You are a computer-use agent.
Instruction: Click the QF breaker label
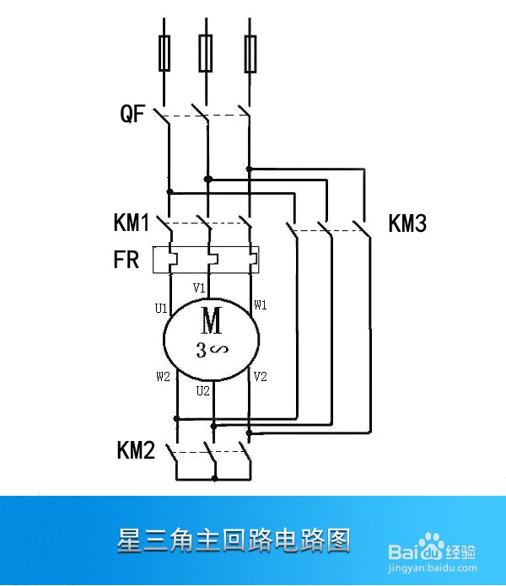pos(132,114)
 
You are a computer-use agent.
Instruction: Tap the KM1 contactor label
pos(132,223)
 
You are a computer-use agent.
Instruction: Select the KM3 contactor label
pos(407,223)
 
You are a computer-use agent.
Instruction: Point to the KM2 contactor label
pos(136,450)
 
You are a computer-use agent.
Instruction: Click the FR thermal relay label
pos(126,260)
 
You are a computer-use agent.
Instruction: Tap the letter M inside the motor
pos(212,320)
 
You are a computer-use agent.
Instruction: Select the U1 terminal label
pos(161,309)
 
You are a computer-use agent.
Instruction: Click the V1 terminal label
pos(199,288)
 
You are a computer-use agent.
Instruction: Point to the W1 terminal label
pos(261,305)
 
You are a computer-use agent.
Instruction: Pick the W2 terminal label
pos(163,376)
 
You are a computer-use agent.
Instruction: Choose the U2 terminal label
pos(203,391)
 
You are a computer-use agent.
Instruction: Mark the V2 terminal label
pos(260,376)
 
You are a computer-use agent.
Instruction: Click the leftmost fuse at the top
pos(164,53)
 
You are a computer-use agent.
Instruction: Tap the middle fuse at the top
pos(206,53)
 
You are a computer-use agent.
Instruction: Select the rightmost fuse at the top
pos(250,54)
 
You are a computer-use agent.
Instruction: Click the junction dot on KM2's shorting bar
pos(214,478)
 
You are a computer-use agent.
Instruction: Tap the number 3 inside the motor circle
pos(201,350)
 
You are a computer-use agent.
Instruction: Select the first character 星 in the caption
pos(130,540)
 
